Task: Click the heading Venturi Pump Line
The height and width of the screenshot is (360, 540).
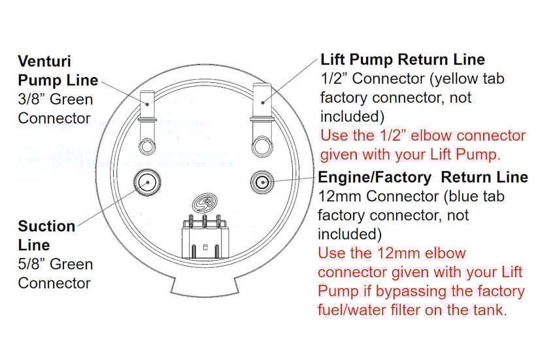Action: [58, 71]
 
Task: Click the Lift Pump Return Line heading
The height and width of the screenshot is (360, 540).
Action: [402, 59]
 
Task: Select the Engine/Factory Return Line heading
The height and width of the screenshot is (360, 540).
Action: [422, 177]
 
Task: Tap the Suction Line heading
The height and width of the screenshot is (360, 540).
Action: [46, 235]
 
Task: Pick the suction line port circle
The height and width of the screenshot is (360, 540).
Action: [146, 182]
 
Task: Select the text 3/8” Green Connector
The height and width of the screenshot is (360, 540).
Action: [56, 109]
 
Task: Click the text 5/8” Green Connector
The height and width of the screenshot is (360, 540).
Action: [56, 274]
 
